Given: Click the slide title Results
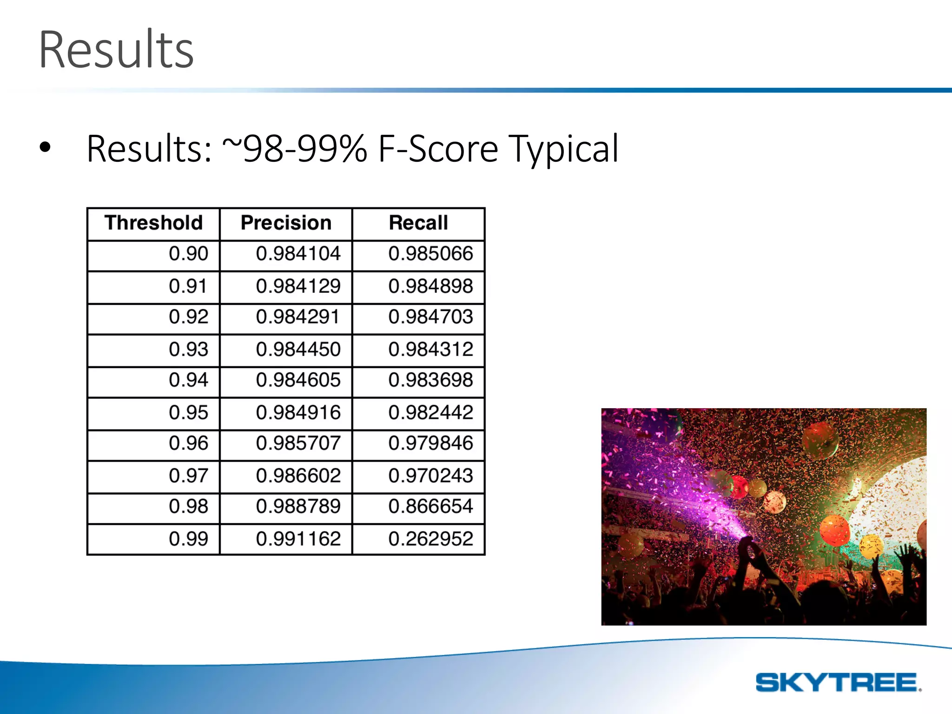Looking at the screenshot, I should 116,50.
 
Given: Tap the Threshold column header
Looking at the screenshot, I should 153,223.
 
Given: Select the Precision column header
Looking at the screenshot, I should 286,223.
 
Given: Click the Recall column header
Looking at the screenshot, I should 418,223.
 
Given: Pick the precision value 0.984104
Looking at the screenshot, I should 298,254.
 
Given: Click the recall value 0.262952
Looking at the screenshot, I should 430,539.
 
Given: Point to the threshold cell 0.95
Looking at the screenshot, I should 188,412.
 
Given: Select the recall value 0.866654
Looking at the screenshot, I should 430,506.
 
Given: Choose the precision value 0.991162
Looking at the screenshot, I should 298,539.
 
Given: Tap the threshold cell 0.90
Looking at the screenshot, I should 188,254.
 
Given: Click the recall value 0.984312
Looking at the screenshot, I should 430,349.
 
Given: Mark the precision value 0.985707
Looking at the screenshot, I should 298,443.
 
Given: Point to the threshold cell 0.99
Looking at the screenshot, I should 188,539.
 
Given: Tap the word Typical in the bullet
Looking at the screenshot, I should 563,150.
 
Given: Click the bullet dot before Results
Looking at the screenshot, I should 45,148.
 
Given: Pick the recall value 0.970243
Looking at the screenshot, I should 430,476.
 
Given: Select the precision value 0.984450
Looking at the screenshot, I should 298,349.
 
